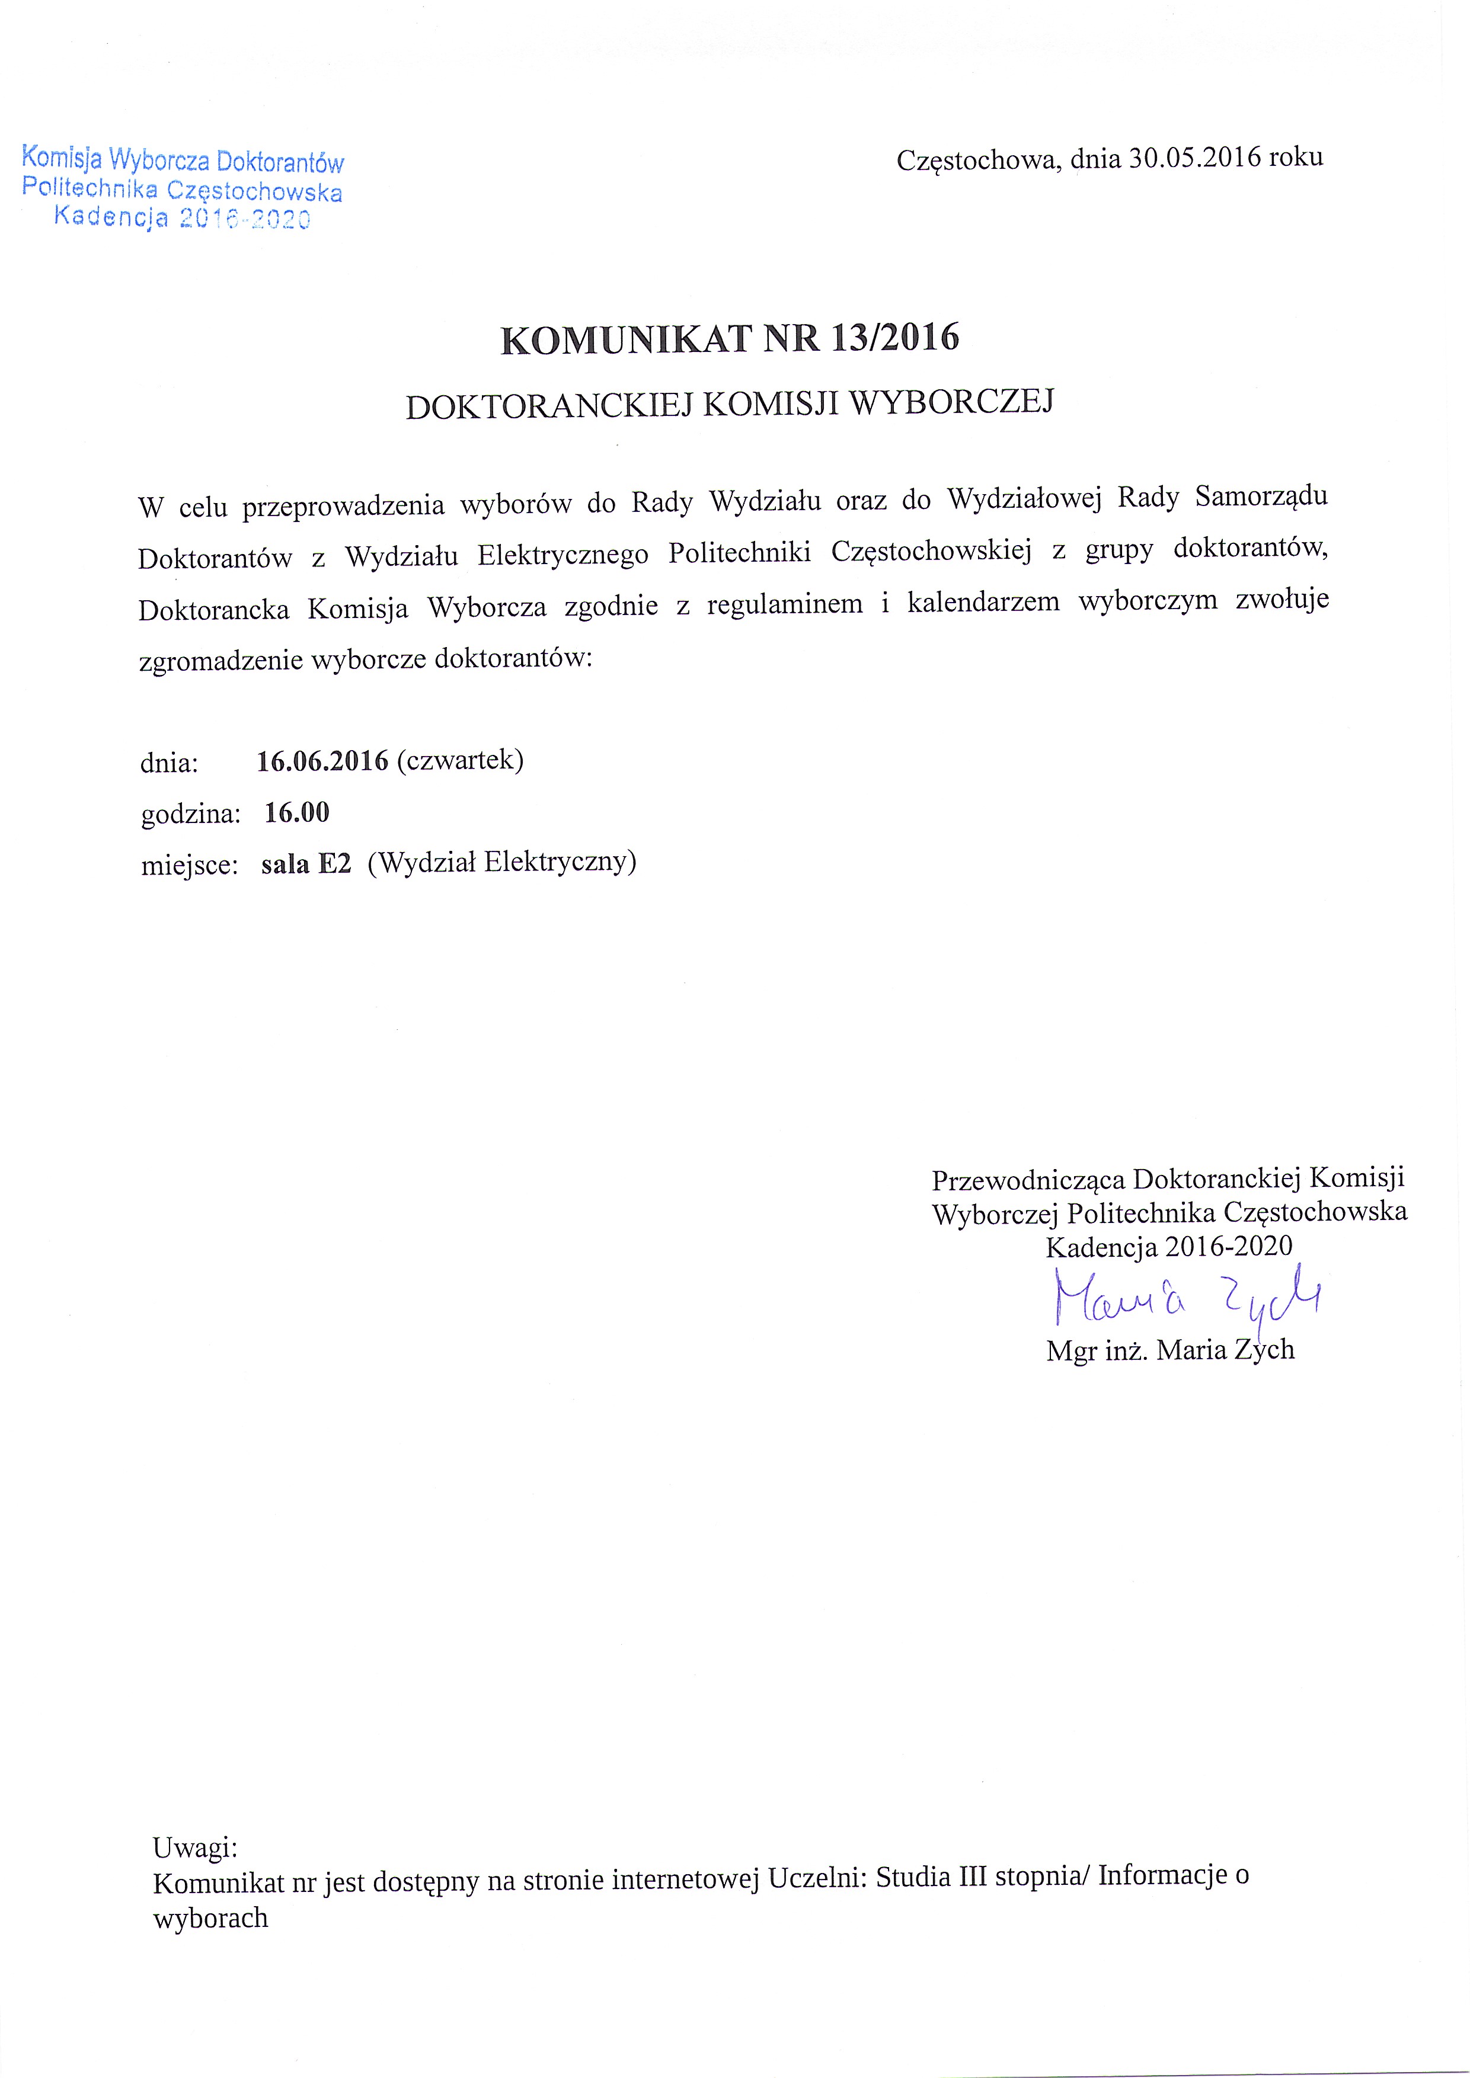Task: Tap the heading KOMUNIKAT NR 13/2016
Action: pyautogui.click(x=730, y=338)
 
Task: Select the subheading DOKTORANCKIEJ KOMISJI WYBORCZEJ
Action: pyautogui.click(x=730, y=405)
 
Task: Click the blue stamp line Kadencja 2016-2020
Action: pyautogui.click(x=182, y=218)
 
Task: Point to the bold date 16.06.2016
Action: pyautogui.click(x=322, y=760)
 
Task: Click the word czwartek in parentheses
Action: pyautogui.click(x=460, y=760)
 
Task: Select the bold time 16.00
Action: pyautogui.click(x=297, y=812)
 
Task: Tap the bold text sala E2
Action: pyautogui.click(x=306, y=863)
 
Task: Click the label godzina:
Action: pyautogui.click(x=191, y=814)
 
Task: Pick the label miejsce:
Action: pyautogui.click(x=189, y=865)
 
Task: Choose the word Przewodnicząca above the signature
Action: pyautogui.click(x=1028, y=1179)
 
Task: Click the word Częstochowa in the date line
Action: pyautogui.click(x=976, y=160)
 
